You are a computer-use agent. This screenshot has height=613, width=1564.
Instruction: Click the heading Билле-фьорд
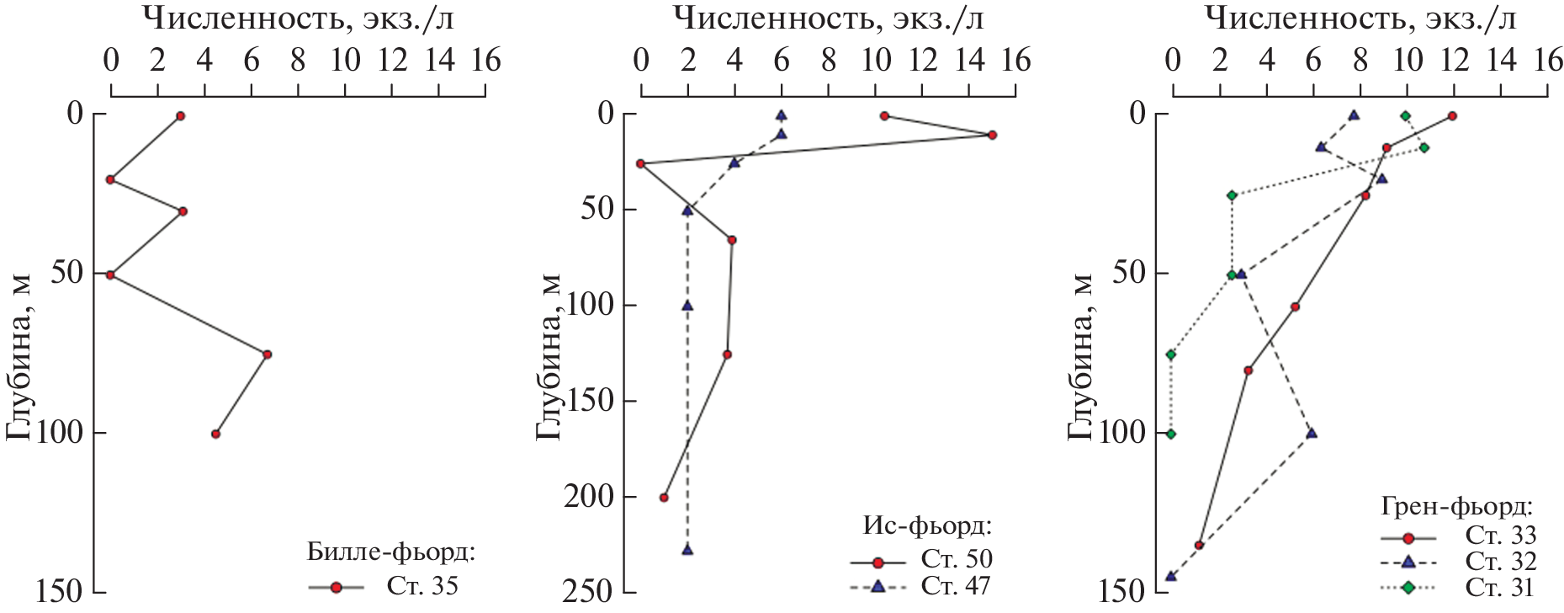point(392,553)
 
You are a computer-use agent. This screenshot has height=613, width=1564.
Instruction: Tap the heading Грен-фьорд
point(1456,507)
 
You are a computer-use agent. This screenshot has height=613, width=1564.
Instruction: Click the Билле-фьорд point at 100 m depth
point(216,434)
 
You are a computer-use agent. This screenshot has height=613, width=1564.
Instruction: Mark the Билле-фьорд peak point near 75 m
point(267,354)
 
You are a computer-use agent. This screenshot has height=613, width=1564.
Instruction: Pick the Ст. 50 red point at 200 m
point(664,498)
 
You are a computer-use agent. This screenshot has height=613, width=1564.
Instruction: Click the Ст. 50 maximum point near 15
point(992,135)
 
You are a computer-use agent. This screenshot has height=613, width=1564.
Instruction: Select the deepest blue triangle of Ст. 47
point(687,549)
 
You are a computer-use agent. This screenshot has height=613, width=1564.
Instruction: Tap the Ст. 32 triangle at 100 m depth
point(1312,434)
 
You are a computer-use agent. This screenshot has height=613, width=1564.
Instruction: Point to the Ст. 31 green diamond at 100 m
point(1171,434)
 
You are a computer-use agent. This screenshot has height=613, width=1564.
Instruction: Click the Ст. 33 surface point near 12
point(1452,116)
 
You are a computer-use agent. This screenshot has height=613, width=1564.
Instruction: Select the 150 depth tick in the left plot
point(59,593)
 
